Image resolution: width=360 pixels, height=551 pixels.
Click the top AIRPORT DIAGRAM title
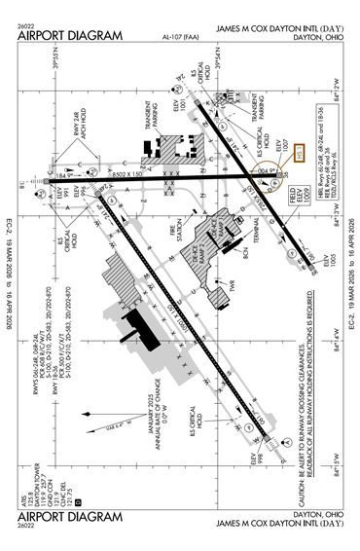pos(71,35)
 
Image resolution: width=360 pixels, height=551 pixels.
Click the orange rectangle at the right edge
pos(301,152)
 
